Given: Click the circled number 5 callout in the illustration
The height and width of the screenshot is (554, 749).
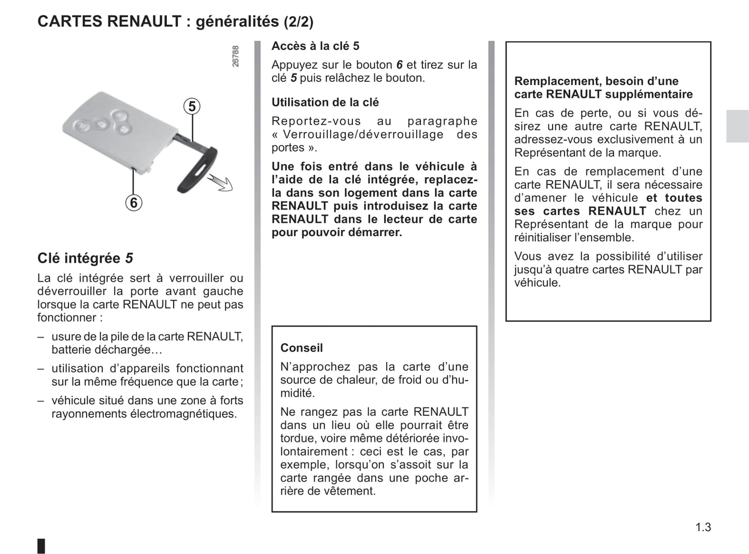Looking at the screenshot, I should (x=192, y=107).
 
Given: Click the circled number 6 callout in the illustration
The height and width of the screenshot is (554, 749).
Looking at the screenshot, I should (x=134, y=202).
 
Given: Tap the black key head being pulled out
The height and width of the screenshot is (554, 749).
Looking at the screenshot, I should (x=198, y=170).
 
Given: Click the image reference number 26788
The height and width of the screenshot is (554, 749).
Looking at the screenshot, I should (x=235, y=56).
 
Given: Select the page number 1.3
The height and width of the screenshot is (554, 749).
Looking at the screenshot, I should (x=703, y=527).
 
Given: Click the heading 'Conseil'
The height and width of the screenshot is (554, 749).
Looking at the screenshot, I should (x=301, y=348).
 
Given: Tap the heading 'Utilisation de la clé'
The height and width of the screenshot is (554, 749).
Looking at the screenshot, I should (x=325, y=103).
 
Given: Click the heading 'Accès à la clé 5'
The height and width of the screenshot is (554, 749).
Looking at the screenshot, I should (x=315, y=46).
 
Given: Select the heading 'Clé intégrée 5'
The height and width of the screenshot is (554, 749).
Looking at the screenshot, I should (x=85, y=258).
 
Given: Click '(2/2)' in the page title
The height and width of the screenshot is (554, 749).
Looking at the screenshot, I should (x=298, y=22).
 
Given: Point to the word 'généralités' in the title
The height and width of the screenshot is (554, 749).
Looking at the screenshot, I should (x=237, y=22).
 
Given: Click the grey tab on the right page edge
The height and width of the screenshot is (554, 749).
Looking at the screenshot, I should (x=737, y=126).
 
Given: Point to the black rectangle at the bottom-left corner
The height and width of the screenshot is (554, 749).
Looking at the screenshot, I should (x=41, y=546).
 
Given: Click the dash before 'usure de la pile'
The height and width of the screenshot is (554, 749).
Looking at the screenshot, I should (x=40, y=337).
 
